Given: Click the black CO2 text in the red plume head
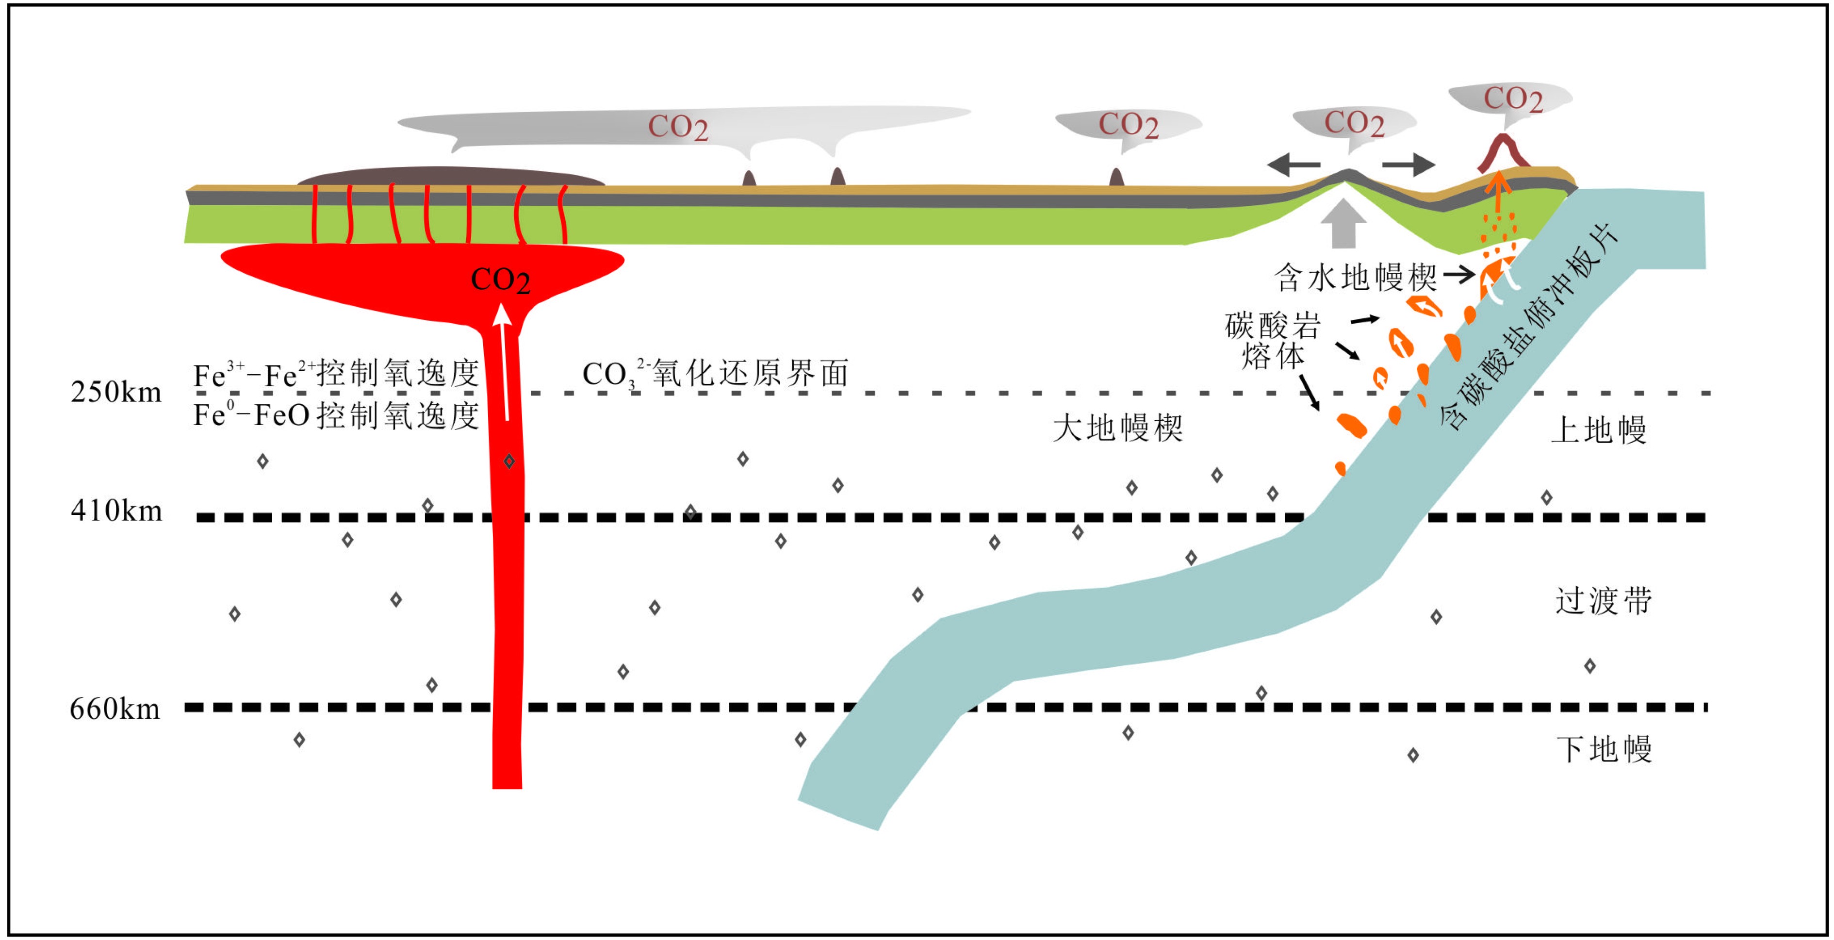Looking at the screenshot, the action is tap(501, 280).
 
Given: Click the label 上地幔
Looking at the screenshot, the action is tap(1598, 430).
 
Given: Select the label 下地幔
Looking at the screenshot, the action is tap(1604, 749).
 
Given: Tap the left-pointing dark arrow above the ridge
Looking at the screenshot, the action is tap(1294, 165).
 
